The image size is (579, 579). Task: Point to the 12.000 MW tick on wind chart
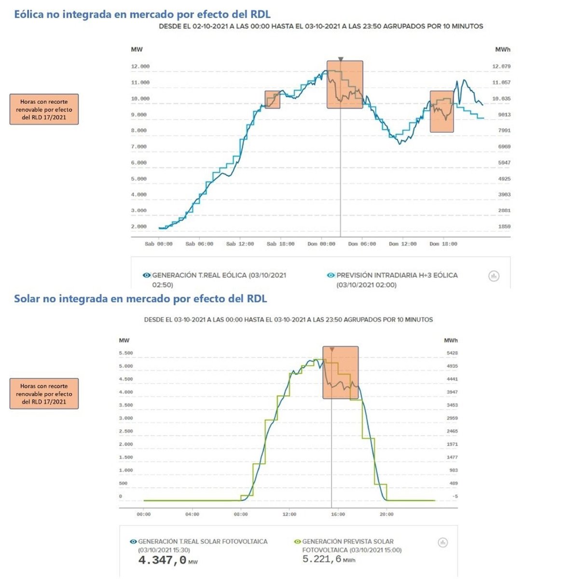[140, 67]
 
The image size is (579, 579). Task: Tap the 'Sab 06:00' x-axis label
[199, 244]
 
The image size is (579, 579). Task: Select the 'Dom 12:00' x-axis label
[402, 244]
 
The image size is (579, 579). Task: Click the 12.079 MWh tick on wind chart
[501, 67]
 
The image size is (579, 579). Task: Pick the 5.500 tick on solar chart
[126, 353]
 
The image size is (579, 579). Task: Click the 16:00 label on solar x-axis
[338, 514]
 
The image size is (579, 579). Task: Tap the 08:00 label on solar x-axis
[241, 514]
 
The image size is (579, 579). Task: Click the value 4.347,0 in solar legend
[163, 560]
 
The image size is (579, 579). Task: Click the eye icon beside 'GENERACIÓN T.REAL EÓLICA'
[147, 276]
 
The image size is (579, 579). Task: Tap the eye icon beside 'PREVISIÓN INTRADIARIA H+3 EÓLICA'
[331, 276]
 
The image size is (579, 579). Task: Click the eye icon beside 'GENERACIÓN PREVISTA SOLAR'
[297, 542]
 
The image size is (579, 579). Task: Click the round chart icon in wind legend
[494, 276]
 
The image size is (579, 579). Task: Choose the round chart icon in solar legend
[442, 543]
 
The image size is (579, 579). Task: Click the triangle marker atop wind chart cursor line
[341, 59]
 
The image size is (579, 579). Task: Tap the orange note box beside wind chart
[44, 110]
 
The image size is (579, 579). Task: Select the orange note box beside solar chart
[44, 394]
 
